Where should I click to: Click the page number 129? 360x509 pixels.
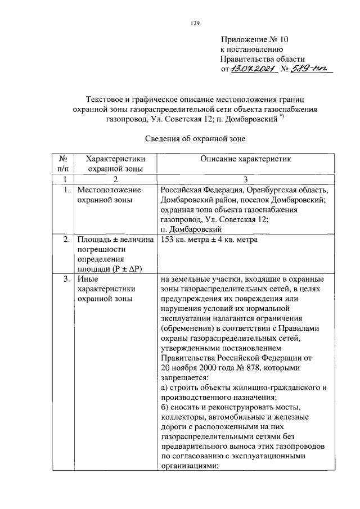point(195,23)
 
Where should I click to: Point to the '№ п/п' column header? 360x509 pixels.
point(62,164)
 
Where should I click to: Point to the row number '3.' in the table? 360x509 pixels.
point(66,278)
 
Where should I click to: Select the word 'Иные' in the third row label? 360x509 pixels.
point(87,278)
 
